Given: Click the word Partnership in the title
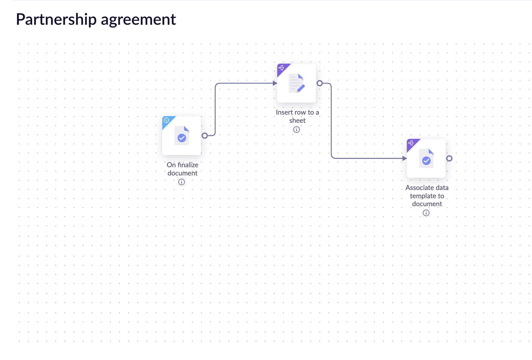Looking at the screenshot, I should [56, 19].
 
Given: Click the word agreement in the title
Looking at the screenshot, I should [138, 19].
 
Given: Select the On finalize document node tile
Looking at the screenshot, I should [182, 136].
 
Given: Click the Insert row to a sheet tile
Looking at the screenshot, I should [296, 83].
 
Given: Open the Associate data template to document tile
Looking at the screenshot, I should [426, 158].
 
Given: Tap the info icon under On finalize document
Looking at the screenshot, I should [182, 182].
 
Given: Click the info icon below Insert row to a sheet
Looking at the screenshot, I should [296, 130].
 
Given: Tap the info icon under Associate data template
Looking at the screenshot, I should [426, 213].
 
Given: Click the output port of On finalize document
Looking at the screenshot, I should [205, 136].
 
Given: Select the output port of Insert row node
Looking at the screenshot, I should [319, 83].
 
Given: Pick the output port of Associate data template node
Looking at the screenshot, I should [449, 158].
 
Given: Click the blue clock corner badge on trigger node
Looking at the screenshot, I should [166, 120].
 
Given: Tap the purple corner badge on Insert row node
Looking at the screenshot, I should [281, 68].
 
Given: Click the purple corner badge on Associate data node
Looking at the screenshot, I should [411, 143].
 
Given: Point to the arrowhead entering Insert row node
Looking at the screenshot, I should [275, 83].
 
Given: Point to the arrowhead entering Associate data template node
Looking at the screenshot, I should [404, 158].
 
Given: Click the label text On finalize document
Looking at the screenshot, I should [182, 169].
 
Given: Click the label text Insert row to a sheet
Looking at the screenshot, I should [297, 116].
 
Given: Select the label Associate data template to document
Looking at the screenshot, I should [427, 196].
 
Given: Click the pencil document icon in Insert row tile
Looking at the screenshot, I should [296, 83].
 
